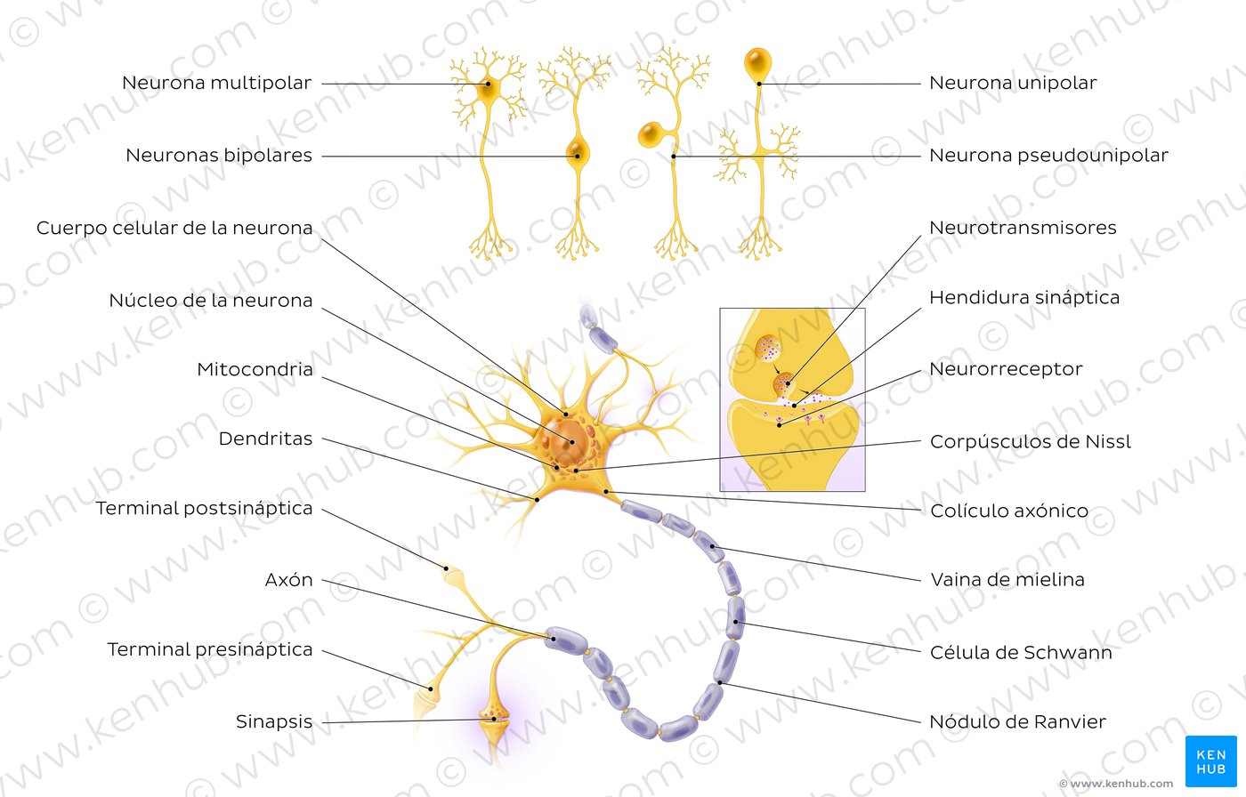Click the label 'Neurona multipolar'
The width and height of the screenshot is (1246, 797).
pyautogui.click(x=216, y=83)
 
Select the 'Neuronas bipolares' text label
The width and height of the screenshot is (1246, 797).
pyautogui.click(x=219, y=155)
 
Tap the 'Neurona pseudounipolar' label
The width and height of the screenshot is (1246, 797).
pyautogui.click(x=1048, y=155)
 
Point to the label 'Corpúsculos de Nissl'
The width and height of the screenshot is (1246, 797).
pyautogui.click(x=1031, y=441)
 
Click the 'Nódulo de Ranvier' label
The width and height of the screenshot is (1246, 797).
pyautogui.click(x=1018, y=721)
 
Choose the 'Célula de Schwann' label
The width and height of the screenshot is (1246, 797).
pyautogui.click(x=1021, y=652)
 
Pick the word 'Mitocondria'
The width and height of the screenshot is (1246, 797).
pyautogui.click(x=255, y=369)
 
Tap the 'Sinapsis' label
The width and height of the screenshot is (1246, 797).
pyautogui.click(x=274, y=721)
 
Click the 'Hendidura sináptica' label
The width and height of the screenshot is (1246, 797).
pyautogui.click(x=1024, y=297)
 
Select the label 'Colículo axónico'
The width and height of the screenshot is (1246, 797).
pyautogui.click(x=1009, y=511)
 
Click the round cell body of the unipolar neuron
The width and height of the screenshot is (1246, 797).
pyautogui.click(x=757, y=63)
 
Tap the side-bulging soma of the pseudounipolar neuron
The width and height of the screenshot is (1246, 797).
pyautogui.click(x=651, y=135)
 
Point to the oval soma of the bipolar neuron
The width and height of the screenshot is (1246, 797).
pyautogui.click(x=578, y=151)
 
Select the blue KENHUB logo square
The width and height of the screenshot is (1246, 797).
pyautogui.click(x=1211, y=761)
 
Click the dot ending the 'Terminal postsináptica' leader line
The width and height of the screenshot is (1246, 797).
pyautogui.click(x=446, y=568)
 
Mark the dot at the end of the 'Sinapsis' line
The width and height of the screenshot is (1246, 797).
pyautogui.click(x=493, y=720)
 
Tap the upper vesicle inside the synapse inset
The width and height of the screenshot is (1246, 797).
pyautogui.click(x=768, y=348)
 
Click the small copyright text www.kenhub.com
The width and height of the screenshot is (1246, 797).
pyautogui.click(x=1116, y=784)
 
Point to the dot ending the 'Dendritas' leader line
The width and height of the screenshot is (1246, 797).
pyautogui.click(x=537, y=500)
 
